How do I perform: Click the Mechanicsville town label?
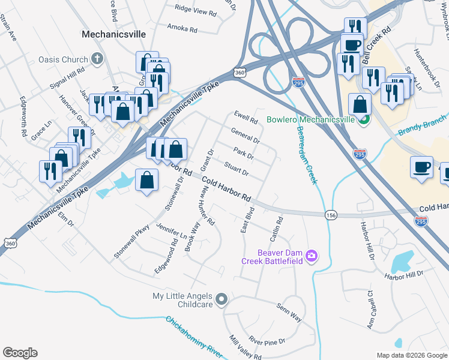pyautogui.click(x=113, y=34)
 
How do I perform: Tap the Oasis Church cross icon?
pyautogui.click(x=98, y=59)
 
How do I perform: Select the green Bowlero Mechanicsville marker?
pyautogui.click(x=364, y=120)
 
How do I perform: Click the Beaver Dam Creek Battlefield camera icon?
pyautogui.click(x=311, y=256)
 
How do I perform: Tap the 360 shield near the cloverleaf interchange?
pyautogui.click(x=238, y=71)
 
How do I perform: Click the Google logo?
pyautogui.click(x=20, y=353)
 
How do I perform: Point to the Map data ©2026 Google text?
pyautogui.click(x=412, y=355)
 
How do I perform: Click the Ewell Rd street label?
pyautogui.click(x=246, y=117)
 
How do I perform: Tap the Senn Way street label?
pyautogui.click(x=289, y=311)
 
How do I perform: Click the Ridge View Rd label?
pyautogui.click(x=195, y=10)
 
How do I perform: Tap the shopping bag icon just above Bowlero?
pyautogui.click(x=359, y=104)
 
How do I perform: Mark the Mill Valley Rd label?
pyautogui.click(x=245, y=348)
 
